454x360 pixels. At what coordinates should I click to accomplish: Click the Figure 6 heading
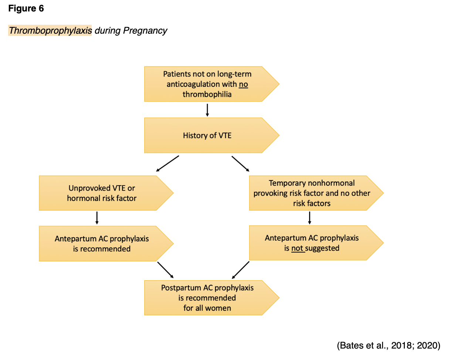tap(26, 9)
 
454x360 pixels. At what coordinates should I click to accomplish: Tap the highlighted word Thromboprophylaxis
tap(50, 30)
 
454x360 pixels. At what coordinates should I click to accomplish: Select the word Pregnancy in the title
tap(145, 30)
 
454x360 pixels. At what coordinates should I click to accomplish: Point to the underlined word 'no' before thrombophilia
tap(243, 84)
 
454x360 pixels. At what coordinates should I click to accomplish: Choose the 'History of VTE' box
tap(207, 135)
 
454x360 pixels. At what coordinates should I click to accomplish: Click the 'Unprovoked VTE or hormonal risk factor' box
tap(102, 193)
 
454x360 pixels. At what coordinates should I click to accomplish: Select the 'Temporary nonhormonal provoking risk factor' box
tap(312, 193)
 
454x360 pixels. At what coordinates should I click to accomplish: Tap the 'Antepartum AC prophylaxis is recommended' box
tap(102, 244)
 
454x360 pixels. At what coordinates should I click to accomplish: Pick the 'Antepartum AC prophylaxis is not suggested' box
tap(312, 243)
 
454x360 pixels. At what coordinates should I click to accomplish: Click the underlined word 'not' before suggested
tap(297, 248)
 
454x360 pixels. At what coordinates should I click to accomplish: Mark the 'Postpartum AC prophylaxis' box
tap(207, 298)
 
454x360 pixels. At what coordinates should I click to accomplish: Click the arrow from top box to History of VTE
tap(207, 110)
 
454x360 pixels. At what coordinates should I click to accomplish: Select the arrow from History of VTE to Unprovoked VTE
tap(167, 163)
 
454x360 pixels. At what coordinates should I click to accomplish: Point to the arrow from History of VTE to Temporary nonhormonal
tap(240, 164)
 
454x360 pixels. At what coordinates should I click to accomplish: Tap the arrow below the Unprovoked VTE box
tap(97, 218)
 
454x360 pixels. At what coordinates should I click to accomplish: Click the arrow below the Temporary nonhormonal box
tap(309, 218)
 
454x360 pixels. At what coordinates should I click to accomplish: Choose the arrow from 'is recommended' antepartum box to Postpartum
tap(165, 269)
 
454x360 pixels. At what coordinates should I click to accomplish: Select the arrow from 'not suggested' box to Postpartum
tap(241, 270)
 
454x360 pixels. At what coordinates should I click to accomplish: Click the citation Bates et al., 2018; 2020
tap(389, 346)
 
